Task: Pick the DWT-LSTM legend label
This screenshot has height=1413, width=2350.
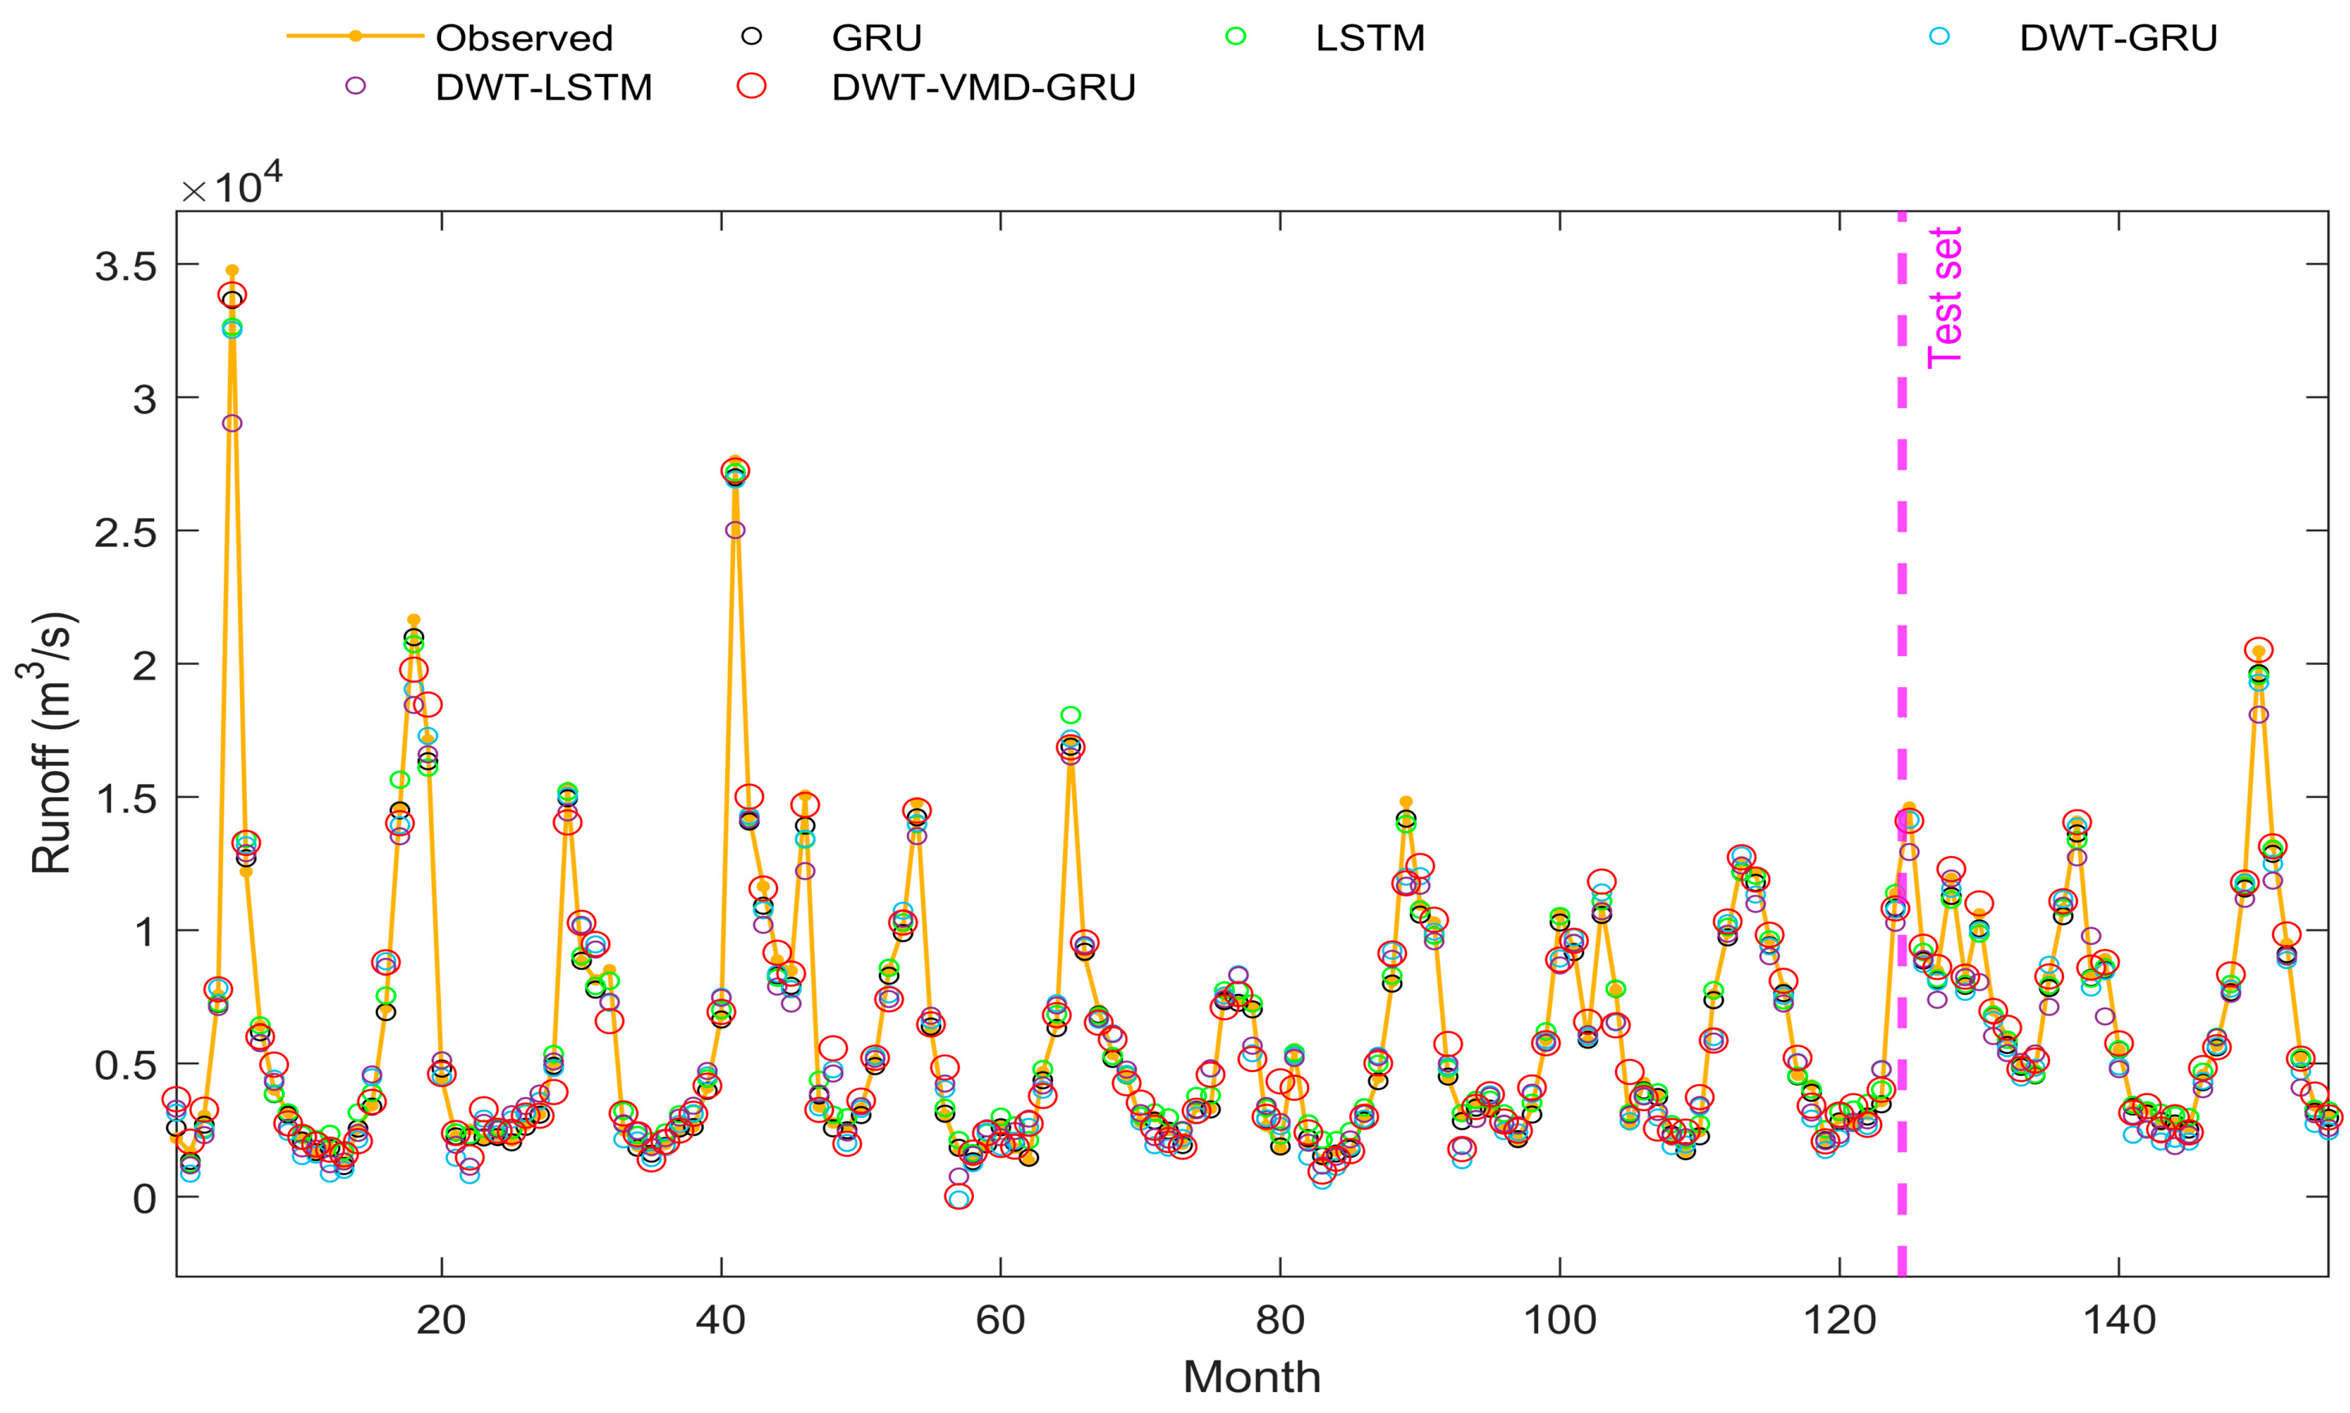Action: tap(543, 88)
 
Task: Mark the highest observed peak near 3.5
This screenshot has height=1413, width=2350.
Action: tap(231, 271)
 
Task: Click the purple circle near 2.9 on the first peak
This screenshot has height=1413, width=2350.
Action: tap(231, 423)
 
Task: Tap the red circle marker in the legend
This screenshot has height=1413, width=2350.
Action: tap(751, 87)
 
